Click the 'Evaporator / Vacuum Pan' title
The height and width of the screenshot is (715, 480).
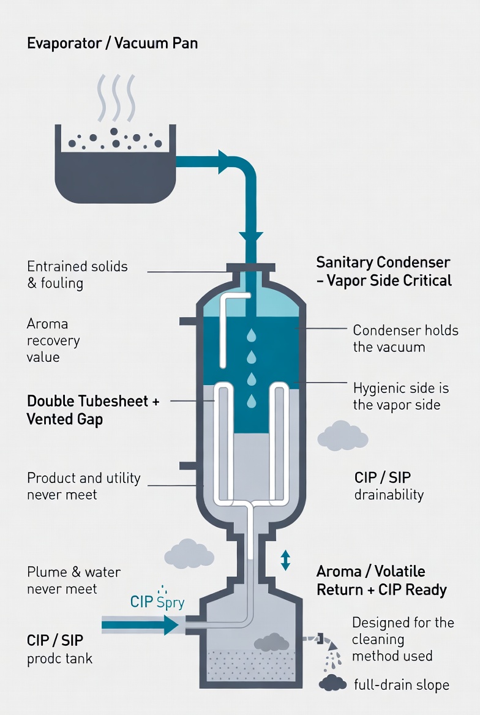[x=112, y=43]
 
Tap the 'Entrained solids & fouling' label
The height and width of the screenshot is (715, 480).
[x=77, y=274]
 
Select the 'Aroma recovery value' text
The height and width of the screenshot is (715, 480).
[x=53, y=340]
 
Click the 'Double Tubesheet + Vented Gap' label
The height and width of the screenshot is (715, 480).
[x=93, y=410]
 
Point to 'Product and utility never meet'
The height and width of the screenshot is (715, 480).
[x=83, y=486]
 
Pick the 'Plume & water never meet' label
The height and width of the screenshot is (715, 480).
[x=73, y=580]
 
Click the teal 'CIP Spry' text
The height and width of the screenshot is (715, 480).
[x=157, y=602]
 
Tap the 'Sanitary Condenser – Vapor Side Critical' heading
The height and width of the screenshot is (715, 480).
[x=384, y=271]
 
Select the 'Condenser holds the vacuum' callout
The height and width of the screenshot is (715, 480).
[x=406, y=339]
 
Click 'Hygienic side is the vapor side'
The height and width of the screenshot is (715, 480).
[x=401, y=396]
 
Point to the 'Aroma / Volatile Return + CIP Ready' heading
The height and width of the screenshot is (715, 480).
[x=381, y=580]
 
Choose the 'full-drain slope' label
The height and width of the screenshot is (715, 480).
[x=402, y=684]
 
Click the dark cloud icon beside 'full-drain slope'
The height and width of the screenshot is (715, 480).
[x=333, y=683]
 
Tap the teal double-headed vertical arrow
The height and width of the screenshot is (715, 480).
[x=285, y=560]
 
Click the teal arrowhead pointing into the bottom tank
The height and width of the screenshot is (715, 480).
[x=171, y=625]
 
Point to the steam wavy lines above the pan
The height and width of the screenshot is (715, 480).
[x=117, y=97]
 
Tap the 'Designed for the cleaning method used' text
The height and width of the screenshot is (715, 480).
[x=403, y=639]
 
